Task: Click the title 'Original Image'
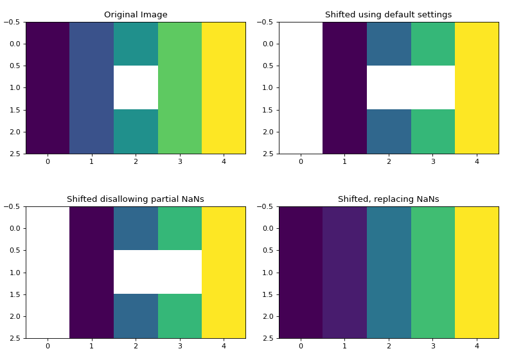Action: point(136,15)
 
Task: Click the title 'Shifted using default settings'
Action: point(388,15)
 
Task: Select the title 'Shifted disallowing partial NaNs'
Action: point(136,199)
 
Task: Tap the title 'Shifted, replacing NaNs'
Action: point(388,199)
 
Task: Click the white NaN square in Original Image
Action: point(136,87)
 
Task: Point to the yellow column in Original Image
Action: point(224,87)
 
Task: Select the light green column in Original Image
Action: point(180,87)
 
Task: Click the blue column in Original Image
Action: point(91,87)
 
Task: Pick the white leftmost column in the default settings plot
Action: point(301,87)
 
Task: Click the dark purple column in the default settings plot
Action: point(344,87)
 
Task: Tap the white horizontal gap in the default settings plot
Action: point(411,87)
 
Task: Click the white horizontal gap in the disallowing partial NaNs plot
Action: point(157,272)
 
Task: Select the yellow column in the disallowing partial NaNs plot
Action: point(224,272)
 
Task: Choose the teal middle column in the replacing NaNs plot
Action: point(389,272)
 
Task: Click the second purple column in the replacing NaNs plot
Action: point(344,272)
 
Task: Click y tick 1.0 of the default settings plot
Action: point(269,88)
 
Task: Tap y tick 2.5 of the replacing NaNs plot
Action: point(269,338)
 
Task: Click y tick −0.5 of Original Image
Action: point(13,22)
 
